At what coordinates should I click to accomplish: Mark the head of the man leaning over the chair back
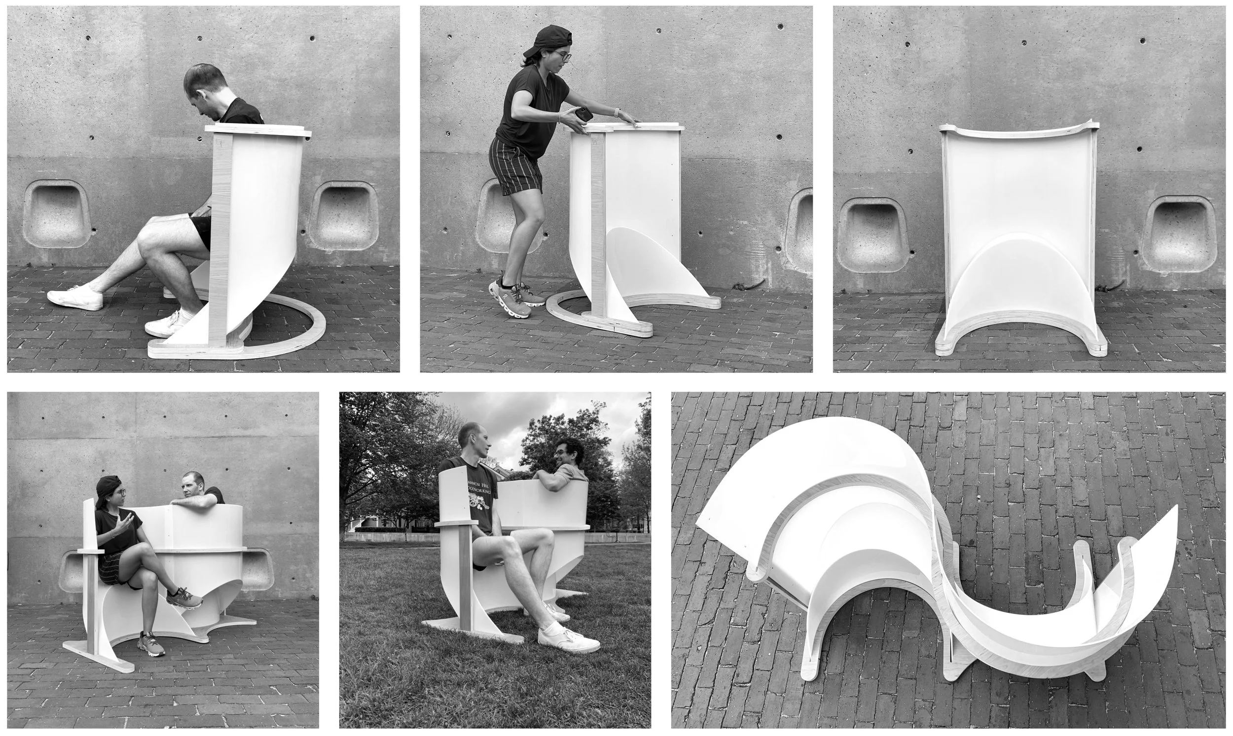tap(192, 486)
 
